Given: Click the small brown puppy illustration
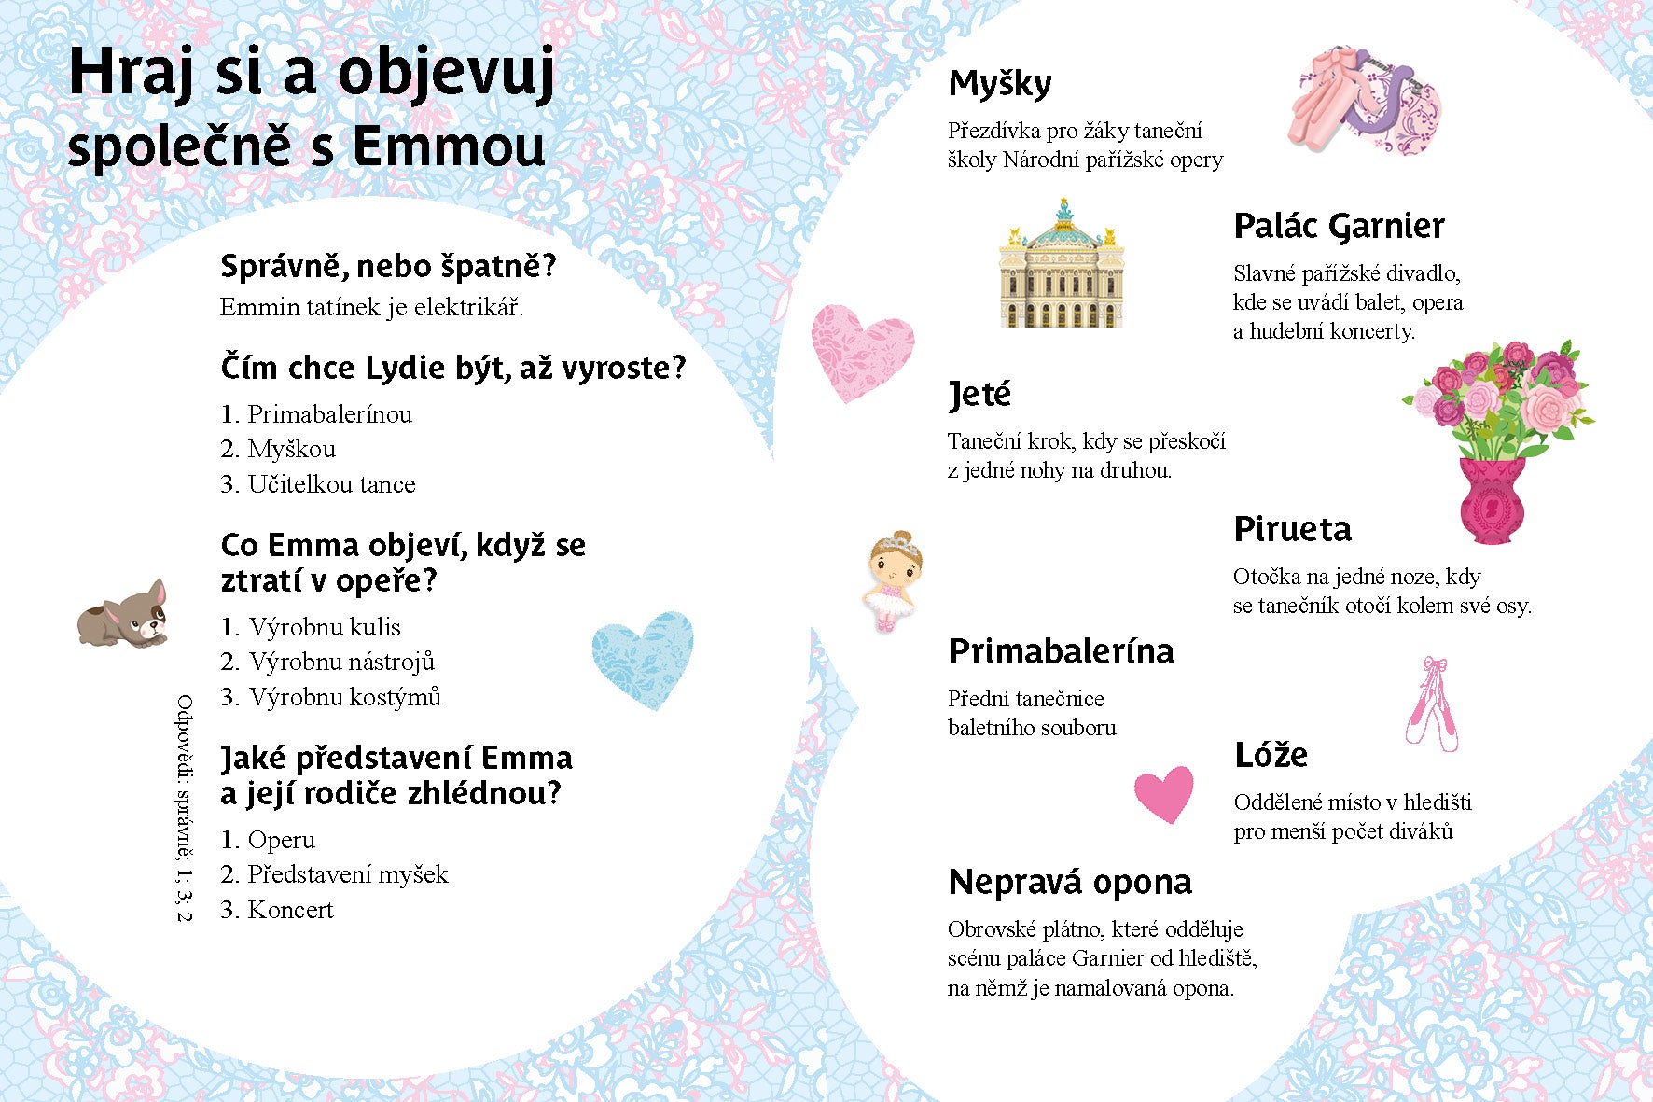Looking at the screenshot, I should (123, 615).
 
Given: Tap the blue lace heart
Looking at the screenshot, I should (643, 657).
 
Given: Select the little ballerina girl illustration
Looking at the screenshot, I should (892, 580).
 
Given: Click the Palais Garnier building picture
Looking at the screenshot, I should (1062, 265).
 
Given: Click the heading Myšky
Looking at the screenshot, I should (999, 85).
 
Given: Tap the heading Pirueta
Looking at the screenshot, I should (1292, 530).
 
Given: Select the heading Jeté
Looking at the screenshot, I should (979, 395).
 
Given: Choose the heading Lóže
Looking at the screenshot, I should (1271, 755).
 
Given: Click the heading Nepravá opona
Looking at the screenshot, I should (1070, 883).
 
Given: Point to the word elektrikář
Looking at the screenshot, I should (468, 307).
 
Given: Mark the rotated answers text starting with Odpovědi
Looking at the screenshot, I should (185, 808).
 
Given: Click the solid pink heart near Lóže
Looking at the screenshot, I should (1164, 793).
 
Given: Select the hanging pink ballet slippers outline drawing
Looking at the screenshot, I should (1432, 704).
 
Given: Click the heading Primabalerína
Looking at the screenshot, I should (1061, 652).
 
